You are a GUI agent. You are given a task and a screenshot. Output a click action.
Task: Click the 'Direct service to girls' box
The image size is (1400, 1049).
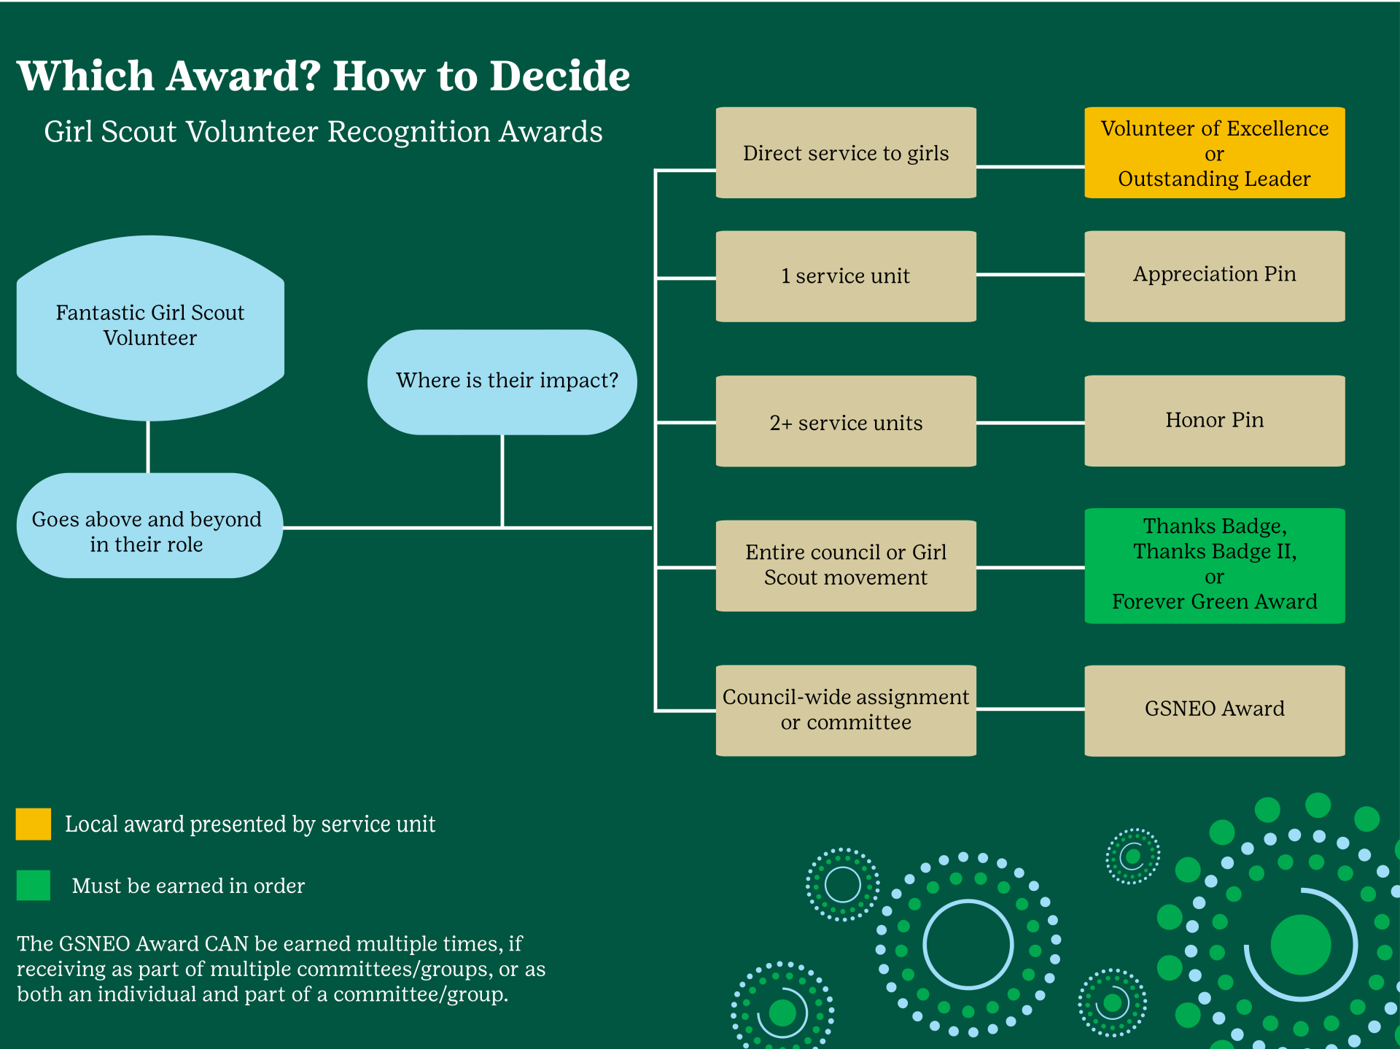[846, 152]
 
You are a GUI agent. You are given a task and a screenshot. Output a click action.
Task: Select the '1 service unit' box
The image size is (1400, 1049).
[846, 276]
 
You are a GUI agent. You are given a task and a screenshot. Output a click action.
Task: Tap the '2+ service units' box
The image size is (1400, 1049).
[846, 421]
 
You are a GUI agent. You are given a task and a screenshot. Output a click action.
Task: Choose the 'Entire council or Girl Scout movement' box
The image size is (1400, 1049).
[846, 565]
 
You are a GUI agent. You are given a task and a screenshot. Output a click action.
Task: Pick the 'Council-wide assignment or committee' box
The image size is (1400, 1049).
[846, 710]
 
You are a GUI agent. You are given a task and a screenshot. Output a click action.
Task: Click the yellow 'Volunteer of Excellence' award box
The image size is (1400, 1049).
[1214, 152]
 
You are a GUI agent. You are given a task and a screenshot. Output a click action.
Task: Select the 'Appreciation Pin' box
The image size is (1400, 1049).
[1214, 276]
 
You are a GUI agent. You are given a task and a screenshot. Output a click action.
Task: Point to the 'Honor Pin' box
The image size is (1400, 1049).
[1214, 421]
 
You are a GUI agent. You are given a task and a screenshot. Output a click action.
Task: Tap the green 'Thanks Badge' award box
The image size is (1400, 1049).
[1214, 565]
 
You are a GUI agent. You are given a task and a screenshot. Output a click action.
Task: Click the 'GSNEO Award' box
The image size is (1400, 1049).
[1214, 710]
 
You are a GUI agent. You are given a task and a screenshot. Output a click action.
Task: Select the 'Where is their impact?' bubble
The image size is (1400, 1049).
[502, 381]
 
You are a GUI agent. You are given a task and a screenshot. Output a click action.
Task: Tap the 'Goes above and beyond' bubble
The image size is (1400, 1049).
[149, 526]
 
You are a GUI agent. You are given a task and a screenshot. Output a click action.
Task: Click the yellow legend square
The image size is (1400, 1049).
[34, 824]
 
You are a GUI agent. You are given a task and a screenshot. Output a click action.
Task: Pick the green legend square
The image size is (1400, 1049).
[34, 885]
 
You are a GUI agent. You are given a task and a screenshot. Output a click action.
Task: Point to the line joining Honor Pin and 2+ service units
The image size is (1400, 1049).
[1030, 422]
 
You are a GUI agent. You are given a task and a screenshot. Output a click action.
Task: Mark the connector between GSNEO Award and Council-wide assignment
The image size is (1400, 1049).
[1030, 708]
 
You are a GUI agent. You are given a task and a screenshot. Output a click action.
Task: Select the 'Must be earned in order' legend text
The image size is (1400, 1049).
[188, 886]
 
